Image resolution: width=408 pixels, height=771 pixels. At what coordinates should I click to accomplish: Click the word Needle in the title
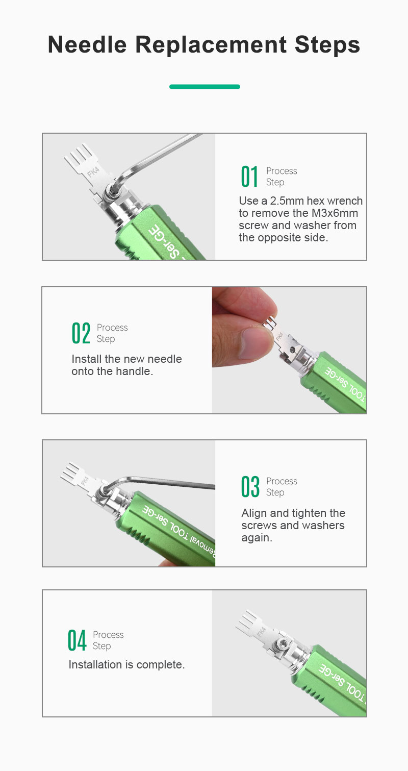tap(87, 45)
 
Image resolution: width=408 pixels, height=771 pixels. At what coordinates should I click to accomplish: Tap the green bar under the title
tap(205, 87)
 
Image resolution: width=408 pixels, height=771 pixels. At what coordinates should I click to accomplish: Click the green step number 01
tap(249, 177)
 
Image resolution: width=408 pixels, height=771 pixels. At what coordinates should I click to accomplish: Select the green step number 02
tap(81, 333)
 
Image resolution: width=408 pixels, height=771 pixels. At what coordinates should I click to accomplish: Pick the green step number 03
tap(250, 487)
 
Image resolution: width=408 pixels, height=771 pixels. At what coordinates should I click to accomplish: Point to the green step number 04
tap(76, 640)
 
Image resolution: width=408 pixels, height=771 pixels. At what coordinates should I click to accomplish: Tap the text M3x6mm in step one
tap(335, 213)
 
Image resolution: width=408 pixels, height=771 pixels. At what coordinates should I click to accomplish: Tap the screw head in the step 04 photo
tap(281, 643)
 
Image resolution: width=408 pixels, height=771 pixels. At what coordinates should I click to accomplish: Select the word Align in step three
tap(254, 513)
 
